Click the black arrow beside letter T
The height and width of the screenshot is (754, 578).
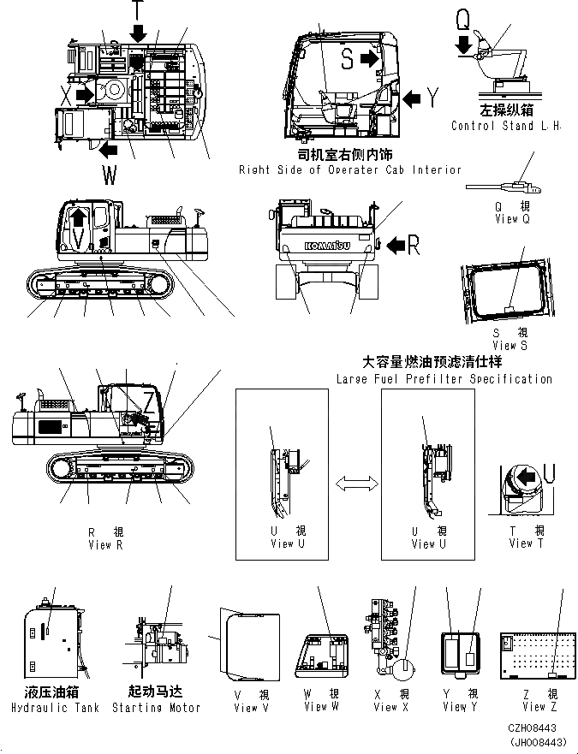139,33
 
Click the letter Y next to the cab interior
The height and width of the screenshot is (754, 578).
433,99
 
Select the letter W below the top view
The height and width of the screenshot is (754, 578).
110,176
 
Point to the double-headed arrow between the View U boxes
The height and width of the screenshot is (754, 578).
355,485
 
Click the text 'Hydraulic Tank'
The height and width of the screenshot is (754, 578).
56,708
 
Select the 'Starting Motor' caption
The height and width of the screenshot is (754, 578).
156,708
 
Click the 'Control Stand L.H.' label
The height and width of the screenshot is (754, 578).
505,126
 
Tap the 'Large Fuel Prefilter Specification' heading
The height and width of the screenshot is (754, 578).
444,378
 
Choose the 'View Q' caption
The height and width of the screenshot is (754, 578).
512,219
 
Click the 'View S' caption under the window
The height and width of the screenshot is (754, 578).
510,345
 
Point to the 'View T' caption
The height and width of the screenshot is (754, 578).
521,543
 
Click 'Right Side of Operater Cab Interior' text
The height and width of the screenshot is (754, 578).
350,170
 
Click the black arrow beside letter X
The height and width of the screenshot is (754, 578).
86,91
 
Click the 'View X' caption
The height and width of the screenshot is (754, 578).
392,706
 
